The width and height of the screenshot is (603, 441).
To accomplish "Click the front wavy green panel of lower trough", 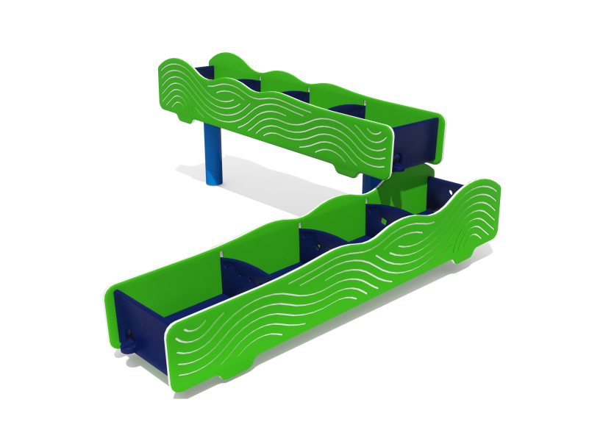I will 331,294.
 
